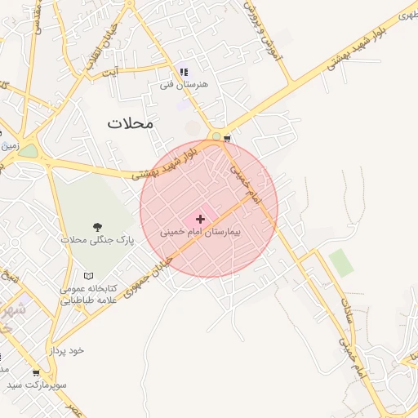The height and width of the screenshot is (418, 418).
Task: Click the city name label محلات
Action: click(130, 122)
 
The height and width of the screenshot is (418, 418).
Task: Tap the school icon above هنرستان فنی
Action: click(183, 71)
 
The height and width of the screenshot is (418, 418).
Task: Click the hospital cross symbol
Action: click(201, 219)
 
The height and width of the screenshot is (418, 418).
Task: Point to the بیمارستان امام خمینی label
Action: click(201, 233)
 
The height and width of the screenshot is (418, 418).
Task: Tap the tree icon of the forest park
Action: click(98, 227)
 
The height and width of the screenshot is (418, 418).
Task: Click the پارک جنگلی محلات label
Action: click(96, 241)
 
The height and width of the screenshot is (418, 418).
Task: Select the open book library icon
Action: click(89, 276)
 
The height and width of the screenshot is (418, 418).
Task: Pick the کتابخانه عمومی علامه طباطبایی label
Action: click(88, 295)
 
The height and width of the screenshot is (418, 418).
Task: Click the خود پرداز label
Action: click(66, 350)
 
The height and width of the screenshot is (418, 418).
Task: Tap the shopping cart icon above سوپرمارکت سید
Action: click(35, 372)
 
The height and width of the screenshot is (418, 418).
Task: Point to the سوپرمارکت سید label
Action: click(37, 384)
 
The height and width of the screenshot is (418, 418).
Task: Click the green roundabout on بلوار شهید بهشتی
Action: click(216, 136)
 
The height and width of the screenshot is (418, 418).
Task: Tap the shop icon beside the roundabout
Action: click(227, 138)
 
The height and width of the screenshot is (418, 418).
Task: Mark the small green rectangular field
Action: click(341, 262)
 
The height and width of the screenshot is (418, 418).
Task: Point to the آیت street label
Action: click(109, 73)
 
